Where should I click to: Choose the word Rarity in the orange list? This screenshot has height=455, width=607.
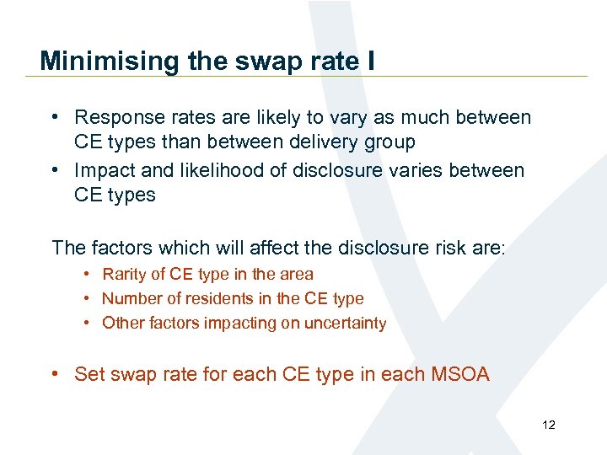(124, 274)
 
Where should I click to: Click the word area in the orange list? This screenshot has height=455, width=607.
(296, 274)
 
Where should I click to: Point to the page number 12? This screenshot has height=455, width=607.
(549, 425)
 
